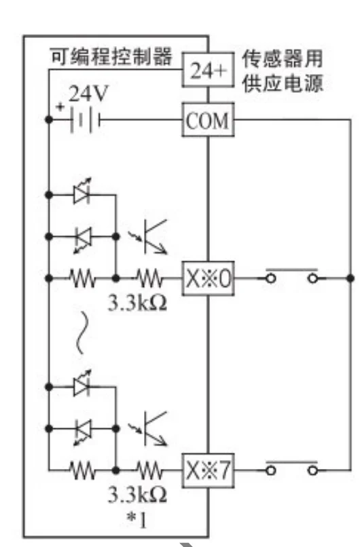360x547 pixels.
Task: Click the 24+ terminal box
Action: pos(208,70)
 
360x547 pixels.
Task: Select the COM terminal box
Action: pos(208,119)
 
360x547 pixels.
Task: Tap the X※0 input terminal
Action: pos(208,278)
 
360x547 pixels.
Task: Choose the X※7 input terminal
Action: pos(208,470)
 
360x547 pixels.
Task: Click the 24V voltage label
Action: pos(88,94)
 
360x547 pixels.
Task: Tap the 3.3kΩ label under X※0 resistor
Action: pos(137,303)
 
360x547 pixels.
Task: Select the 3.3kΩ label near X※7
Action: pos(137,495)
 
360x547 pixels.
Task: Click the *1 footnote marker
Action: pos(137,520)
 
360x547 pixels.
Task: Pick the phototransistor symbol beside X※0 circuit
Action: pos(148,237)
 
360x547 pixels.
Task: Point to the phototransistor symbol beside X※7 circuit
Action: pos(148,429)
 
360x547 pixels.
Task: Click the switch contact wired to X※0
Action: pos(292,276)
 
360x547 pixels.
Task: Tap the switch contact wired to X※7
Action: pos(292,468)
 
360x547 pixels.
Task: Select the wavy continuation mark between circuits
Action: pos(81,333)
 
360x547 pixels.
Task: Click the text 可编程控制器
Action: pos(111,56)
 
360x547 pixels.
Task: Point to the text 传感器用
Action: pos(283,58)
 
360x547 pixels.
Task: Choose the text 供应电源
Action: pos(283,83)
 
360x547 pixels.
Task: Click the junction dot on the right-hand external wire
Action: pos(350,278)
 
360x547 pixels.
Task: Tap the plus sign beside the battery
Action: pos(60,106)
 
